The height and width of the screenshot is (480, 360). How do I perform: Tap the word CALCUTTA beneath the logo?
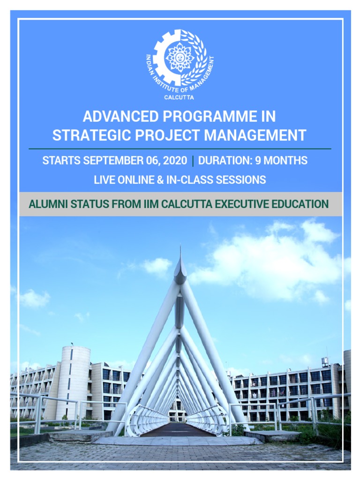[179, 97]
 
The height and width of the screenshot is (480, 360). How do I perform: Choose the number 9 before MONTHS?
[258, 161]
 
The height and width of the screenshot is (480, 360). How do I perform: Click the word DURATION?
[223, 161]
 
